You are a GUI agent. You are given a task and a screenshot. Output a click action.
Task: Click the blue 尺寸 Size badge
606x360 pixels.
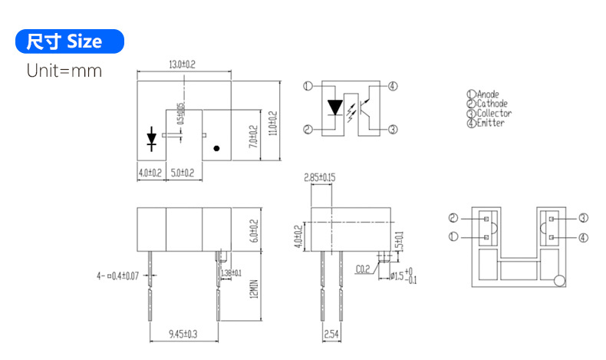(69, 41)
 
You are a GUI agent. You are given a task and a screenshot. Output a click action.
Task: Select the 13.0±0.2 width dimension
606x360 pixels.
(182, 65)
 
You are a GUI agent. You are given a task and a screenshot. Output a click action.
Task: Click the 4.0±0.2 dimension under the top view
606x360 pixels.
(150, 173)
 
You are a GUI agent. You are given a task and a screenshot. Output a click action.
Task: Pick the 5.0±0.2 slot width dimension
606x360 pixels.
(182, 173)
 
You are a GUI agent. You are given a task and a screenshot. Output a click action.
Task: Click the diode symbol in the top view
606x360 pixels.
(152, 139)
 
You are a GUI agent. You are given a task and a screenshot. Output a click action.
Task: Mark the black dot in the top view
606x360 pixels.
(217, 147)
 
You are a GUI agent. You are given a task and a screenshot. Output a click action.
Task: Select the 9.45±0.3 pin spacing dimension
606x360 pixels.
(183, 334)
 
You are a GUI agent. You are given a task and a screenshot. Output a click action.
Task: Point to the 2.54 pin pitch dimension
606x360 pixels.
(331, 334)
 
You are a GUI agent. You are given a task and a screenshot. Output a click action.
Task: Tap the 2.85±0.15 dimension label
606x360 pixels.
(319, 178)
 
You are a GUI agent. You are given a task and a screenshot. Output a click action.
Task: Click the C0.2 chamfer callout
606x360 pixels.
(363, 269)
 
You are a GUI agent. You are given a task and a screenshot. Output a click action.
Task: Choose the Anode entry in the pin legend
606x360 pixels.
(486, 94)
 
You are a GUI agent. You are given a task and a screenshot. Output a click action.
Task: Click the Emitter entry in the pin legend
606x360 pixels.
(489, 123)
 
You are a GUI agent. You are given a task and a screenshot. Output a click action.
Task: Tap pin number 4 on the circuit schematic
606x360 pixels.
(393, 86)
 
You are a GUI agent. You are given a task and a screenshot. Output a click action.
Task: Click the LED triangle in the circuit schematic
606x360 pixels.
(335, 106)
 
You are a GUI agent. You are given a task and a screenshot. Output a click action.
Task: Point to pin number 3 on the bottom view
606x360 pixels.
(583, 218)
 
